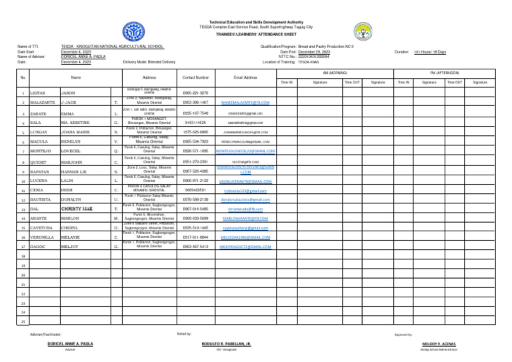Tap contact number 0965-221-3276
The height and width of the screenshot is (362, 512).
pyautogui.click(x=195, y=93)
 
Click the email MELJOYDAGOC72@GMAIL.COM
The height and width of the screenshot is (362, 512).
pyautogui.click(x=245, y=228)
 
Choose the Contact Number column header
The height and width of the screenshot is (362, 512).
pyautogui.click(x=195, y=77)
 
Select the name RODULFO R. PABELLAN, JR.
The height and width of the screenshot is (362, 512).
pyautogui.click(x=229, y=343)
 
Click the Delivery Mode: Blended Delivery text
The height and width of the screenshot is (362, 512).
pyautogui.click(x=149, y=62)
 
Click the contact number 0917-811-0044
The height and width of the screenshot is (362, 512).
pyautogui.click(x=195, y=219)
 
